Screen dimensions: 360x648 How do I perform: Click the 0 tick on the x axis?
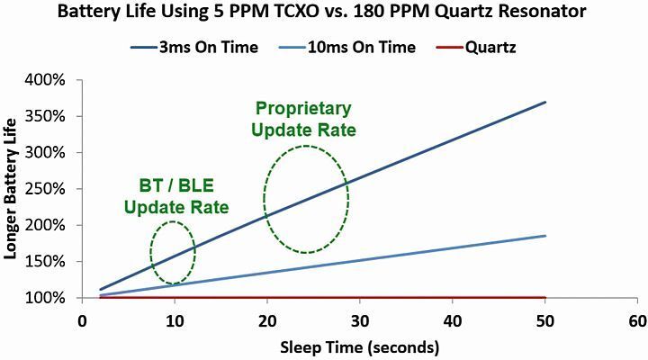[82, 319]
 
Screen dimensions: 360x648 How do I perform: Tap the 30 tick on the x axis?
[359, 319]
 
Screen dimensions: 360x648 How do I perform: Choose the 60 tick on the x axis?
[636, 319]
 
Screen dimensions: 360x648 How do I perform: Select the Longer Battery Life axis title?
[12, 189]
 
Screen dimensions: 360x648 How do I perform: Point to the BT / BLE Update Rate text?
[176, 199]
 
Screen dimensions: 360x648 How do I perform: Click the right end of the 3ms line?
[544, 102]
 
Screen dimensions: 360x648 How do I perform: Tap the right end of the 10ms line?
[544, 236]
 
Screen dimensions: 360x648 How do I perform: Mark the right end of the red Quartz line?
[544, 297]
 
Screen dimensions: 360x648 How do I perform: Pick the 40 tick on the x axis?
[452, 319]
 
